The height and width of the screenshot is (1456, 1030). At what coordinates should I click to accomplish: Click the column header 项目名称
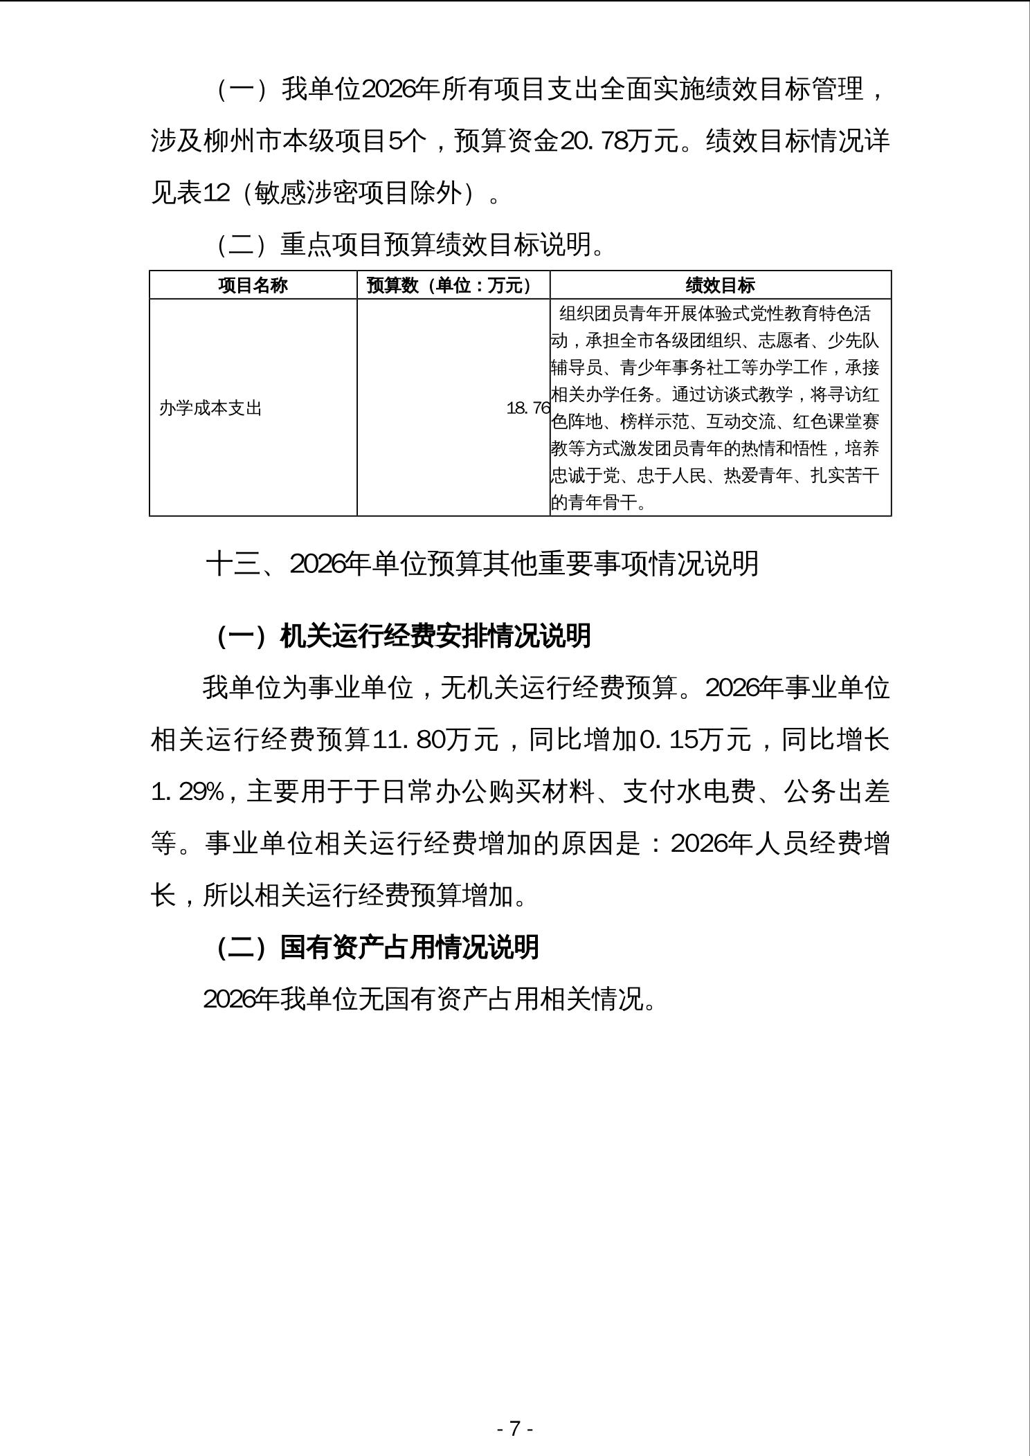pos(253,285)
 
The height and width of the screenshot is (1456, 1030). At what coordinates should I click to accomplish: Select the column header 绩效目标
pos(720,285)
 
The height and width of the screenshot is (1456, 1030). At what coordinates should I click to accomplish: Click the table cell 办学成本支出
pos(210,408)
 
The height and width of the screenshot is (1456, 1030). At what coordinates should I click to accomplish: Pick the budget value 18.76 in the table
pos(527,408)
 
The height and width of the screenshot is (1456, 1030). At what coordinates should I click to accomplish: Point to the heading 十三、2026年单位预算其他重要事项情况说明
pos(482,564)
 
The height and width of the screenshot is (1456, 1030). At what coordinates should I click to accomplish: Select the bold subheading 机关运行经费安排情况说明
pos(435,636)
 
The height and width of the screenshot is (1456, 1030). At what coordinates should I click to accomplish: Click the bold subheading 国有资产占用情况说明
pos(409,947)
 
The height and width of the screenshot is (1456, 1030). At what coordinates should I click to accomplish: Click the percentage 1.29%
pos(187,792)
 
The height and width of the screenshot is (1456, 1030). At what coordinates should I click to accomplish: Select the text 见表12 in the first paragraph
pos(190,193)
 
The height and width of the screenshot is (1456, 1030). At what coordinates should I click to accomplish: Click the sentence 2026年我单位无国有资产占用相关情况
pos(429,999)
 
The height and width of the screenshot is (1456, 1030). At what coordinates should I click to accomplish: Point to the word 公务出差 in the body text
pos(837,792)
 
